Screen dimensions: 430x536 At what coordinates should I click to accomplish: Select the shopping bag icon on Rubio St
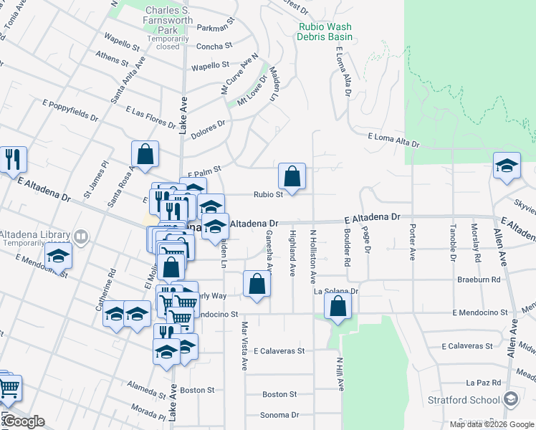tap(292, 176)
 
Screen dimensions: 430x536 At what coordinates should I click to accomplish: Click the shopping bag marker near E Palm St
tap(145, 153)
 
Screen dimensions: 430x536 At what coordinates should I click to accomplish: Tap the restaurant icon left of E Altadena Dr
tap(12, 159)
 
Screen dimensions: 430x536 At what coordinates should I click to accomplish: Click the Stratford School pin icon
tap(510, 399)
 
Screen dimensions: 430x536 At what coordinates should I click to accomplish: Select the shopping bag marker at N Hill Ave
tap(338, 306)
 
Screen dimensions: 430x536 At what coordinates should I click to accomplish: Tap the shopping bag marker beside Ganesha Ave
tap(257, 284)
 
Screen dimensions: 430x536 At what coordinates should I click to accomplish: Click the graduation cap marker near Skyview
tap(507, 166)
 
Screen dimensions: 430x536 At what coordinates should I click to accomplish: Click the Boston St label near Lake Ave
tap(198, 391)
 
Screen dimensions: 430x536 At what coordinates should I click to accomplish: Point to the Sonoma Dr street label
tap(279, 415)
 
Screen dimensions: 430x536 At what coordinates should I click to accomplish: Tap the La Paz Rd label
tap(481, 383)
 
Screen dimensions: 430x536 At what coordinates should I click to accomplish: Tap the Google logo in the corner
tap(23, 421)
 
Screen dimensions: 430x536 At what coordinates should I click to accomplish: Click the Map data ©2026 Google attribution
tap(492, 424)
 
